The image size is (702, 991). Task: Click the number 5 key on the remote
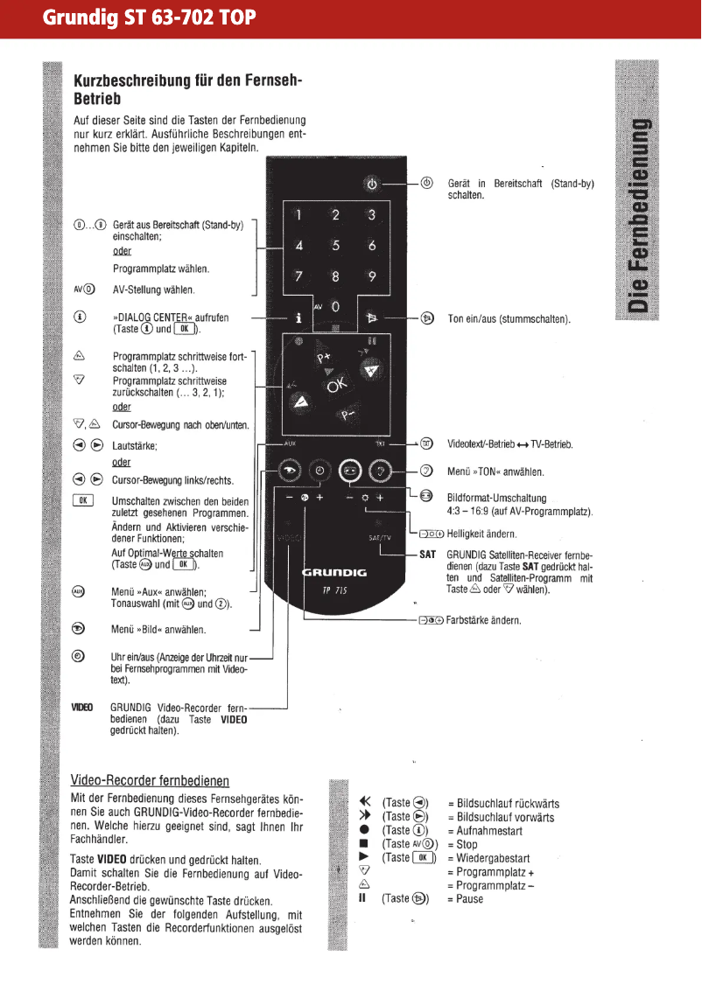(x=334, y=246)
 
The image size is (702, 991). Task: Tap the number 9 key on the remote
(x=371, y=277)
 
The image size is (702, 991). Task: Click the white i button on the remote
(x=298, y=319)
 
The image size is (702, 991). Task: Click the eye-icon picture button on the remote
(x=288, y=471)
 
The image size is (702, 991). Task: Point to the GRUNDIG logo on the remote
(x=334, y=573)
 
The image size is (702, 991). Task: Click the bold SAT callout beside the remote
(x=427, y=555)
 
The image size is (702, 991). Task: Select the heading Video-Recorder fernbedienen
(x=150, y=780)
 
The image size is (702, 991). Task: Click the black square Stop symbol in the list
(x=363, y=844)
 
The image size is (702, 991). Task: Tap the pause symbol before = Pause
(x=362, y=898)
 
